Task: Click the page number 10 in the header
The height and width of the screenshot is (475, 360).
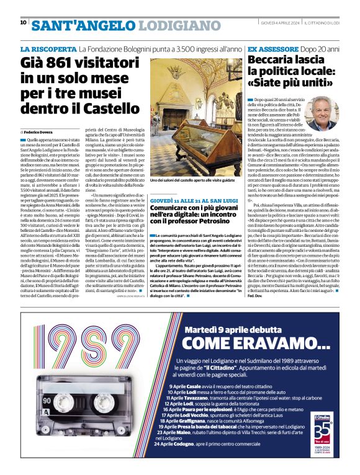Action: click(x=23, y=23)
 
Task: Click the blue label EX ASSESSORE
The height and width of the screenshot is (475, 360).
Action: click(x=270, y=48)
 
